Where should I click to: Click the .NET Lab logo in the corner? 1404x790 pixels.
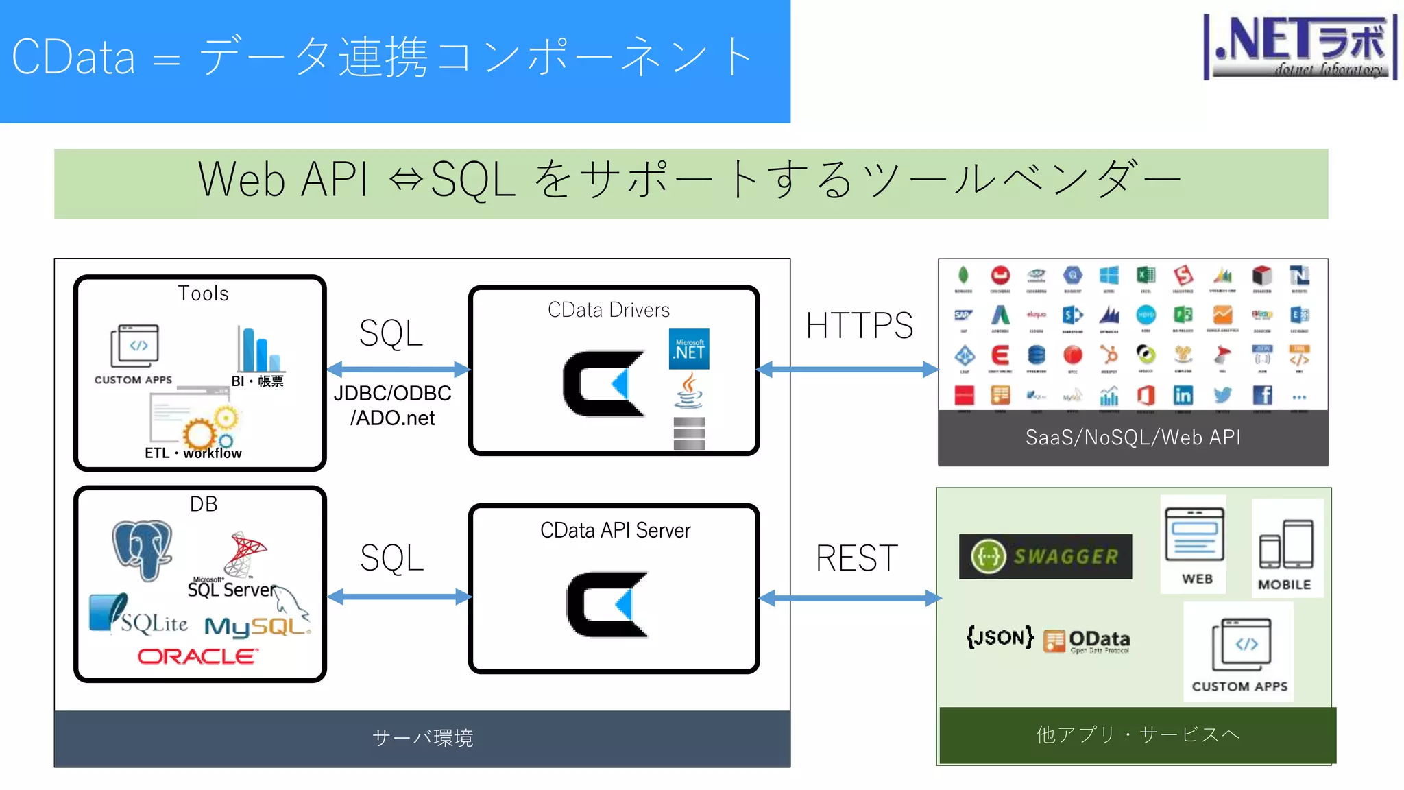[1300, 47]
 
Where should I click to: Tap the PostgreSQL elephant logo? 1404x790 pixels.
[143, 549]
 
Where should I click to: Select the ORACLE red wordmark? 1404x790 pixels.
[197, 656]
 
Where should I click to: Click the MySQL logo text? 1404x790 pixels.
[256, 626]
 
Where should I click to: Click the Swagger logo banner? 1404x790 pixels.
[1045, 556]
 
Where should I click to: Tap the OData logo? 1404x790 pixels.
[1087, 641]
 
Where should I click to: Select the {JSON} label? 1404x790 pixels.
[1000, 637]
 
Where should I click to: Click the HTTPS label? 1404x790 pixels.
[859, 325]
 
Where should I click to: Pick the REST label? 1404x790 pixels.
[856, 558]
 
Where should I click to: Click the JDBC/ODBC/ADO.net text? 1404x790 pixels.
[392, 405]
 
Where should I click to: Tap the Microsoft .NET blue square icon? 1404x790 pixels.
[689, 348]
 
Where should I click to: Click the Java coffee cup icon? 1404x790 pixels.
[689, 391]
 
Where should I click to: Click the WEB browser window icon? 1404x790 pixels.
[1194, 534]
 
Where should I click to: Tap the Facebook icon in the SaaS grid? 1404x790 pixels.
[1262, 395]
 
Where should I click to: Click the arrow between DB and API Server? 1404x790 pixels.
[399, 597]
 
